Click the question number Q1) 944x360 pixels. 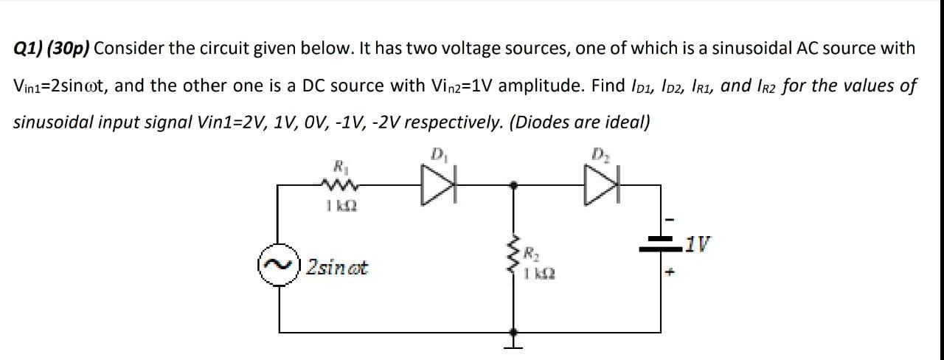[x=31, y=49]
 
